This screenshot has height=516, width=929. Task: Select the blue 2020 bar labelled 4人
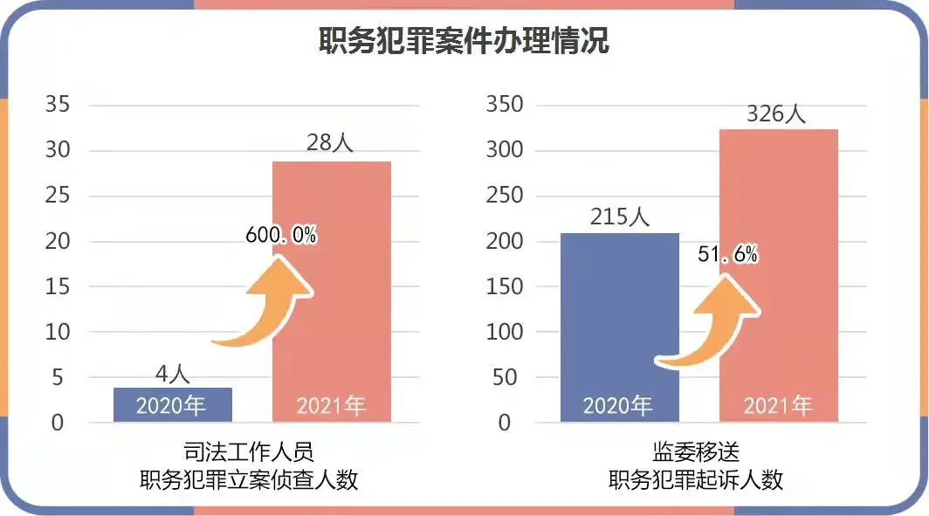coord(173,405)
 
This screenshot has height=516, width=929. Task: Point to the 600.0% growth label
coord(280,234)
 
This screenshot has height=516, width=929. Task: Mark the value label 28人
coord(330,142)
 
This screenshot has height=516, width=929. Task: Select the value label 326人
coord(777,114)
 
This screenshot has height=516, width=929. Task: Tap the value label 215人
coord(619,217)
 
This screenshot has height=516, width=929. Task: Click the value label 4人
coord(172,374)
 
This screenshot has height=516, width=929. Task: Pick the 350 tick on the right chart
coord(504,105)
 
